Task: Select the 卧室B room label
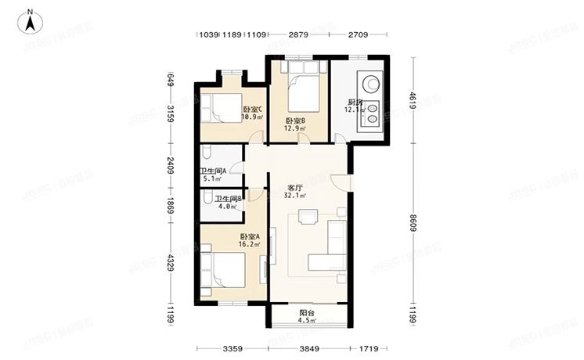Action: (294, 121)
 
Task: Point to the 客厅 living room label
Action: (295, 188)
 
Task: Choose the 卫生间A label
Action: (212, 171)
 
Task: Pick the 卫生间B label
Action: (229, 199)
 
